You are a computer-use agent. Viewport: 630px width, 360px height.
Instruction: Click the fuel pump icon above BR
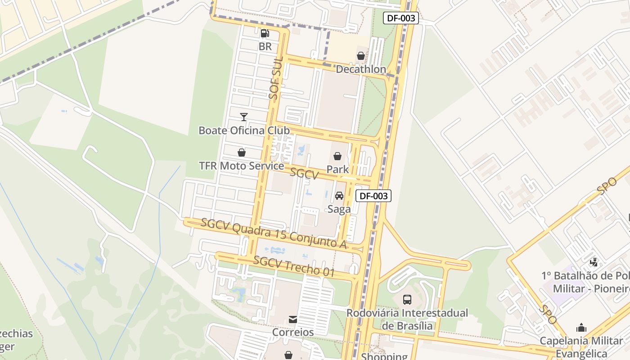265,33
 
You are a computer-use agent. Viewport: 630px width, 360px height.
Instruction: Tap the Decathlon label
361,69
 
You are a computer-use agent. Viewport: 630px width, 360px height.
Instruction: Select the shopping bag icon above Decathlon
361,56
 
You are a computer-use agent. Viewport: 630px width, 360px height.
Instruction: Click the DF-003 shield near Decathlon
401,18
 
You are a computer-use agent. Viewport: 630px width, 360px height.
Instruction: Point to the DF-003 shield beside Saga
373,196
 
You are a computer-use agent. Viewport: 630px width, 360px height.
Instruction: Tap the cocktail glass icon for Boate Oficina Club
244,117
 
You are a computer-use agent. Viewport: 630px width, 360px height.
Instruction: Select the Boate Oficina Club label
244,130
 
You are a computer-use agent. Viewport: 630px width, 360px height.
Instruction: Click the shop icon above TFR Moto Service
242,153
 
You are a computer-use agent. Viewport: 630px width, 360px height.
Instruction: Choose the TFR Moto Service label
242,166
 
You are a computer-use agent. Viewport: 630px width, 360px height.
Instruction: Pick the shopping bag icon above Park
337,156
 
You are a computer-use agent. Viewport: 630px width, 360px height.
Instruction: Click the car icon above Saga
339,196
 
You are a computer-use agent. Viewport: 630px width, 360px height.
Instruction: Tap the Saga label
339,209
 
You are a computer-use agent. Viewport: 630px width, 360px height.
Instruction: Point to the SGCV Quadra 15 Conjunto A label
274,233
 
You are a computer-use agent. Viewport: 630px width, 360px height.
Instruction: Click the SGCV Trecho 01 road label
294,266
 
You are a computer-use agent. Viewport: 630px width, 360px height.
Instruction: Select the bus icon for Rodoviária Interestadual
407,299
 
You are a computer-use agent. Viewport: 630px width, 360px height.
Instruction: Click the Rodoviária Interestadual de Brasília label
407,319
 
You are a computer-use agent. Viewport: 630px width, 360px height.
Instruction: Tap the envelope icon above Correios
293,319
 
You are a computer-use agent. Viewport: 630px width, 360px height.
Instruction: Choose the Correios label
293,333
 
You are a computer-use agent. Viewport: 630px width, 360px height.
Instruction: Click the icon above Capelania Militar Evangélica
581,327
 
